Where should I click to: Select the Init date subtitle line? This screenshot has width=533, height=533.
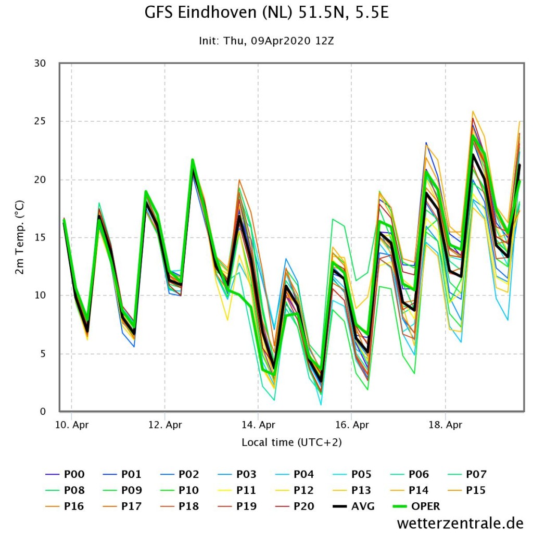(266, 41)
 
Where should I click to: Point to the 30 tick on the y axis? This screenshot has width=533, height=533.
(40, 63)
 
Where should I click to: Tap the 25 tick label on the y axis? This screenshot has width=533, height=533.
(40, 121)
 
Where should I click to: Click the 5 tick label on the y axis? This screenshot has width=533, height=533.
(43, 354)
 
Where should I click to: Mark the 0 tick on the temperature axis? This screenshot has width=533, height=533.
(43, 412)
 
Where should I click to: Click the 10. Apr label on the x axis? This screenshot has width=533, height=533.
(72, 425)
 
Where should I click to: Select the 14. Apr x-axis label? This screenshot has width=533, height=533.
(258, 425)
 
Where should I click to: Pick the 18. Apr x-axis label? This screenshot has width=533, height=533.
(446, 425)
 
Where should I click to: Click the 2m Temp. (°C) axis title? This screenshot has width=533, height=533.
(20, 237)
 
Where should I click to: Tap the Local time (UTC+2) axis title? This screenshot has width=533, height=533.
(291, 442)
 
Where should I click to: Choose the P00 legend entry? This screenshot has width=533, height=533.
(65, 474)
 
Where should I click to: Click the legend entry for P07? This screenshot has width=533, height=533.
(466, 474)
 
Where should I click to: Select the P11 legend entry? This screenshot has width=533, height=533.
(237, 490)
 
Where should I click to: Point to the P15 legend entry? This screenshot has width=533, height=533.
(466, 490)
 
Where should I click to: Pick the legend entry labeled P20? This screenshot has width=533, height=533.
(295, 506)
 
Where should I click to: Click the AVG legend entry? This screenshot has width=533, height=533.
(353, 506)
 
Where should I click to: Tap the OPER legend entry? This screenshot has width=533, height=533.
(416, 506)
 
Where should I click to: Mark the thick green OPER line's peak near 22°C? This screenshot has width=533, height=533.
(193, 159)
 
